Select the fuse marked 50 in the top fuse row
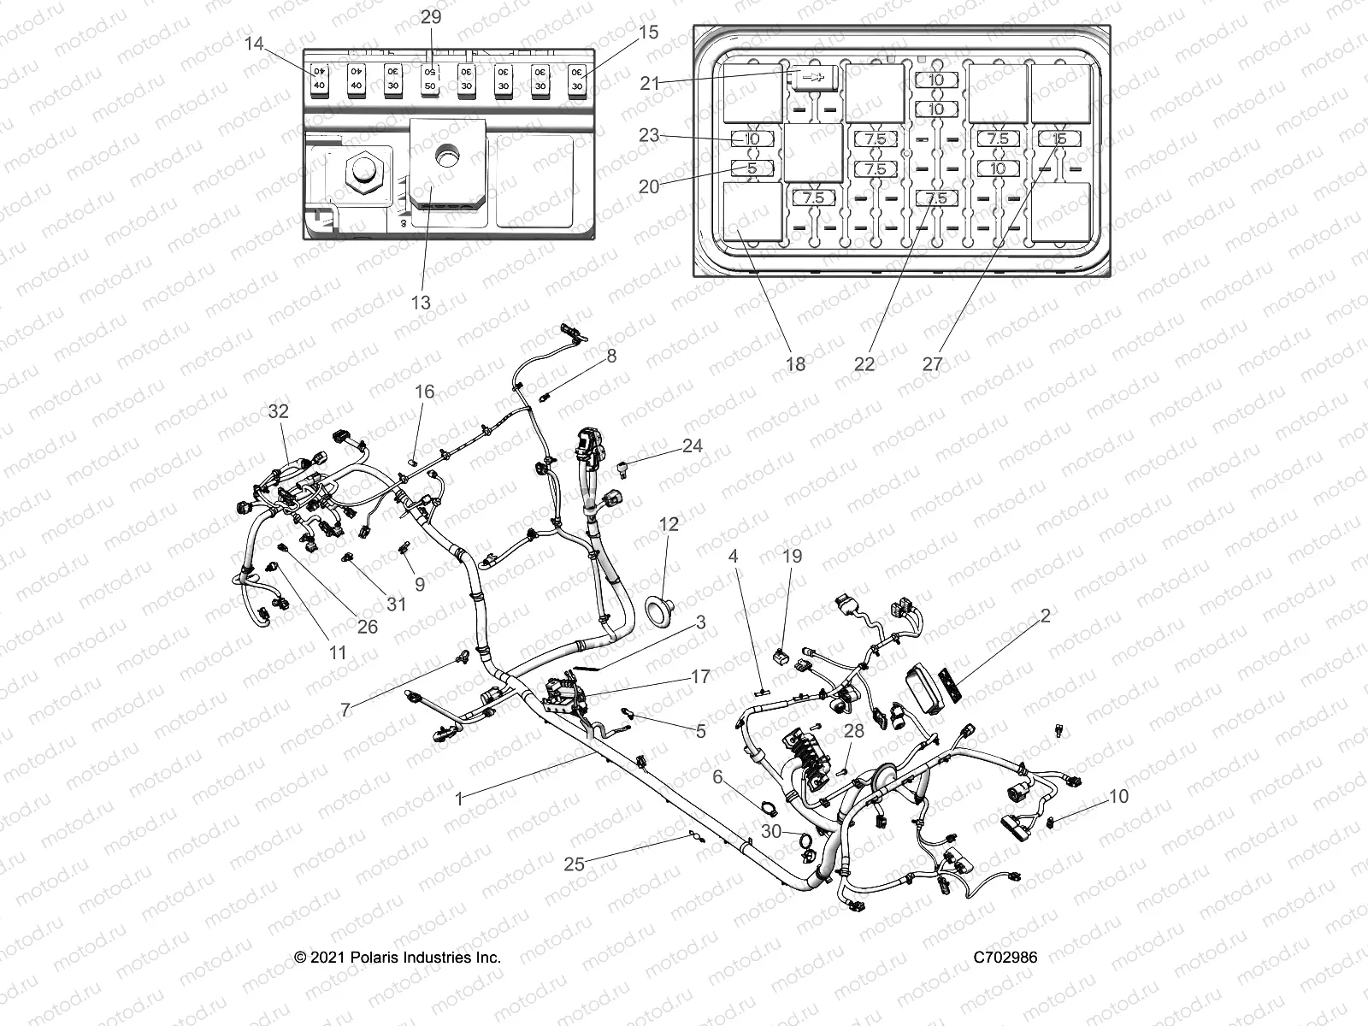pyautogui.click(x=430, y=80)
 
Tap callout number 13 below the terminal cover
pyautogui.click(x=421, y=303)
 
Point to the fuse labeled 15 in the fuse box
pyautogui.click(x=1059, y=139)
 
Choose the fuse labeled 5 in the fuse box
pyautogui.click(x=752, y=168)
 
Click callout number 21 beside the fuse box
pyautogui.click(x=651, y=83)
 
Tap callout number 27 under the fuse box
pyautogui.click(x=932, y=363)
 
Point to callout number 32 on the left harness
pyautogui.click(x=279, y=410)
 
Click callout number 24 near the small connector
pyautogui.click(x=693, y=445)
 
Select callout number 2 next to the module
pyautogui.click(x=1046, y=615)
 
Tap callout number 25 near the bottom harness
pyautogui.click(x=575, y=864)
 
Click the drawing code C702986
pyautogui.click(x=1005, y=957)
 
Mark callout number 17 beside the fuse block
pyautogui.click(x=700, y=676)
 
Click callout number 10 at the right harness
pyautogui.click(x=1118, y=796)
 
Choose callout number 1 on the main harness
pyautogui.click(x=459, y=799)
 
